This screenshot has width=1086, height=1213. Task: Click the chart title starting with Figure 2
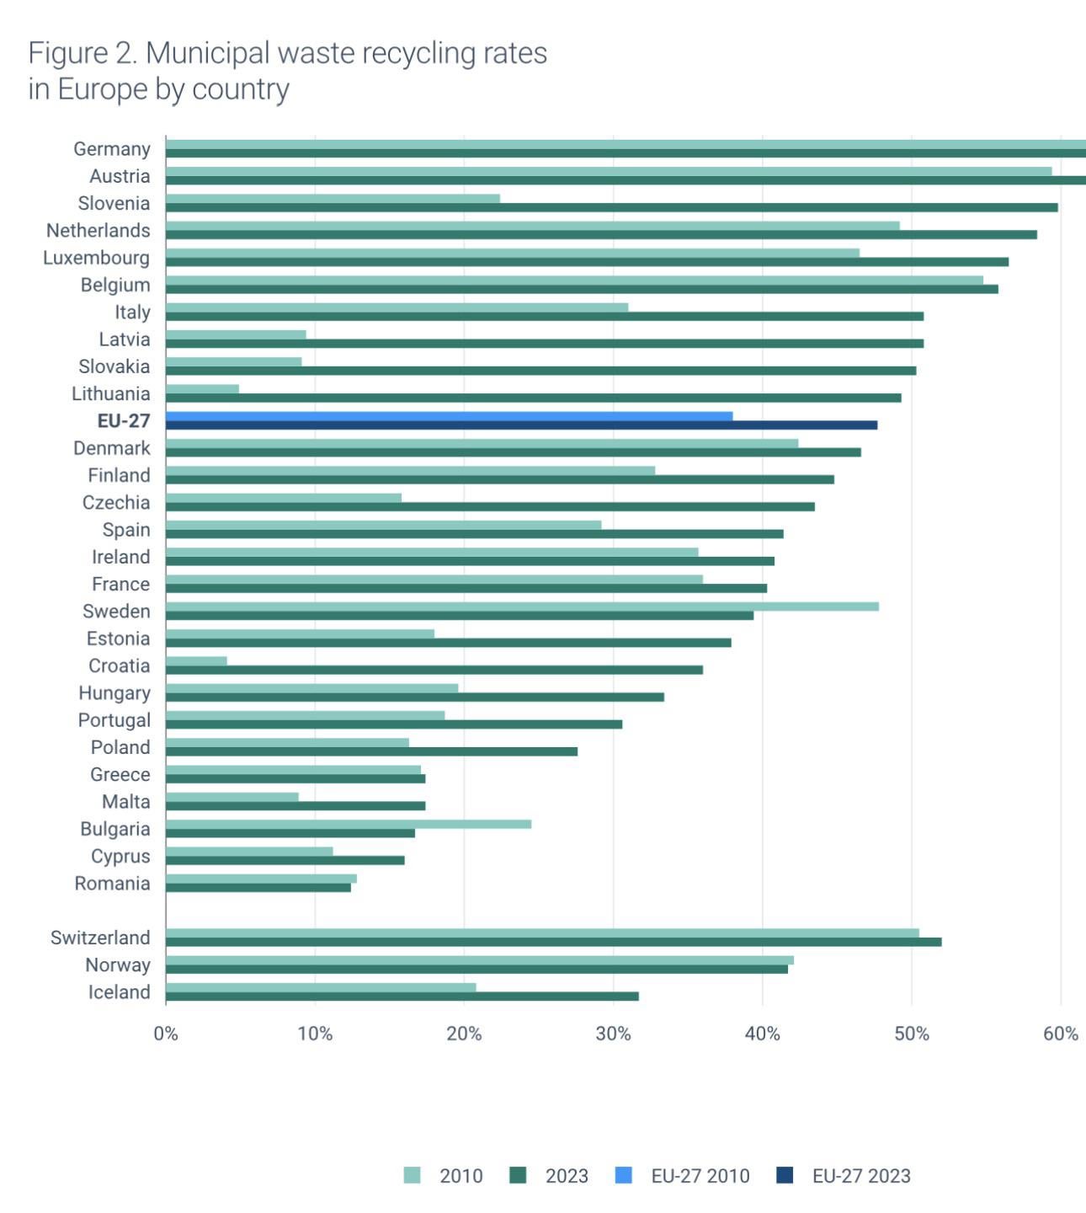(287, 70)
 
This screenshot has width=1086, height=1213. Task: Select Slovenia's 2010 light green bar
(333, 199)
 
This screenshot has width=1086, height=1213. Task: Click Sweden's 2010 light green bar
(522, 606)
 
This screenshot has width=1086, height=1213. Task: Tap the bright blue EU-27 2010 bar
(449, 416)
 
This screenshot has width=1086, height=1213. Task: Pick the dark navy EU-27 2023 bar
(521, 425)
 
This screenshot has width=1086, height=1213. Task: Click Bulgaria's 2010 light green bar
(348, 824)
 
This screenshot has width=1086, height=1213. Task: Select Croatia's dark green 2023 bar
(434, 671)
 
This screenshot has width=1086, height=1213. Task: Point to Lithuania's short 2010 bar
(202, 389)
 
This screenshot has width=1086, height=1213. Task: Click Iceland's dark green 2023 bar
(402, 997)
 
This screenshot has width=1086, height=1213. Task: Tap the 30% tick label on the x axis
(613, 1034)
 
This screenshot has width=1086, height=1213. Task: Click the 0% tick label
(166, 1034)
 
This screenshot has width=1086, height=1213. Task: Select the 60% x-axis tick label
(1060, 1034)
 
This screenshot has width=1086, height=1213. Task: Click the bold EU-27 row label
(124, 421)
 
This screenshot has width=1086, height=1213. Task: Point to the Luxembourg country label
(97, 258)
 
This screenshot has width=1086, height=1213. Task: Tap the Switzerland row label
(100, 938)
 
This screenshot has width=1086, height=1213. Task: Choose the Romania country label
(112, 884)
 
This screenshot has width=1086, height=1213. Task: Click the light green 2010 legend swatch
(412, 1175)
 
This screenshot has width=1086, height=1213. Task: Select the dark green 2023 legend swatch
(518, 1175)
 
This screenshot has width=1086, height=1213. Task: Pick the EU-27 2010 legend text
(700, 1176)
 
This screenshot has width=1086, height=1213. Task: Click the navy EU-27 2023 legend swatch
(785, 1175)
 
